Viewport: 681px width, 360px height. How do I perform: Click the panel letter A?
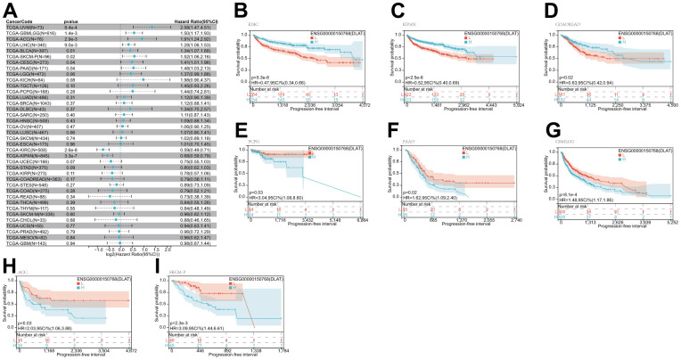(x=9, y=9)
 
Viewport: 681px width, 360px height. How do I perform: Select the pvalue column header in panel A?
(x=70, y=21)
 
